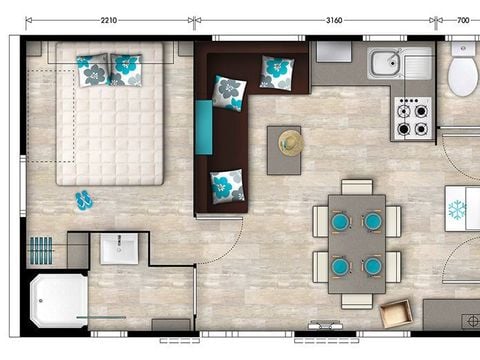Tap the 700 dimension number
(x=463, y=18)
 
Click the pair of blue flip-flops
(x=83, y=200)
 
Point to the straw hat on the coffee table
(x=291, y=142)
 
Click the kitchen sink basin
(x=386, y=65)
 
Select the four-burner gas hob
(x=412, y=118)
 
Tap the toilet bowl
(x=463, y=75)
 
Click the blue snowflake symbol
(x=457, y=210)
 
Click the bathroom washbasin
(x=119, y=248)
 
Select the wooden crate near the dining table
(x=396, y=313)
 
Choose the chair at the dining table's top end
(x=357, y=188)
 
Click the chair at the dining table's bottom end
(x=357, y=298)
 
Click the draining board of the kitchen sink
(x=418, y=64)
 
